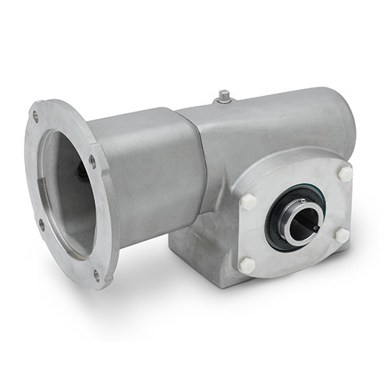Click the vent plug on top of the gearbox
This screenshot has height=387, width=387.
click(224, 96)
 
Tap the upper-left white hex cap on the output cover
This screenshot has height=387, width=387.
click(250, 201)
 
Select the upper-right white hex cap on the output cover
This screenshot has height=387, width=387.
click(344, 172)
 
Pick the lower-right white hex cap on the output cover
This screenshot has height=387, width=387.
click(342, 233)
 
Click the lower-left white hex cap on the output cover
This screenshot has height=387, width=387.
click(247, 265)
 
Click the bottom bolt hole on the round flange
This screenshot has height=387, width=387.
click(97, 274)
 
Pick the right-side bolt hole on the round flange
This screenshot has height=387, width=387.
click(92, 161)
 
